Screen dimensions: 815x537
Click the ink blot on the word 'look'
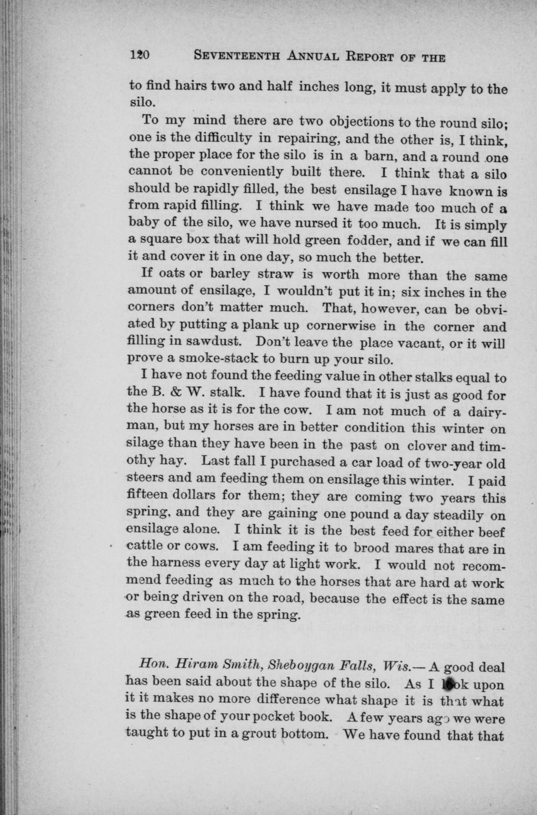[450, 684]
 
